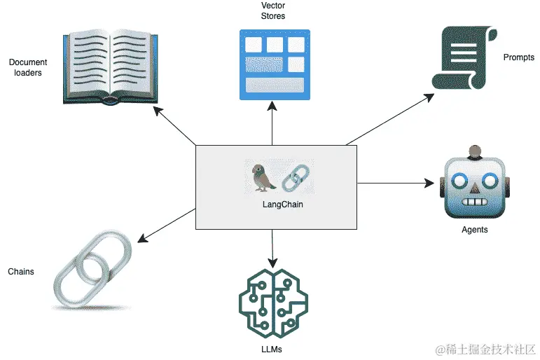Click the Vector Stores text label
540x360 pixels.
pyautogui.click(x=272, y=11)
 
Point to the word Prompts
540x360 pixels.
pyautogui.click(x=519, y=57)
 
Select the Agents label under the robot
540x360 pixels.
pyautogui.click(x=475, y=230)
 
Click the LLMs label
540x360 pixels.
pyautogui.click(x=273, y=348)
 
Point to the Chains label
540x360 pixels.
pyautogui.click(x=20, y=271)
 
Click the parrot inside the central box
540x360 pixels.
pyautogui.click(x=262, y=177)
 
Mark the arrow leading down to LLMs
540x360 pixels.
pyautogui.click(x=272, y=246)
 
